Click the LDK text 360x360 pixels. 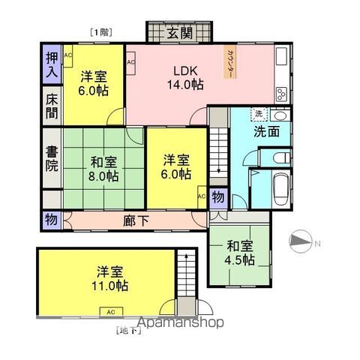pos(185,71)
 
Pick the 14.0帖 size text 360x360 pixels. pos(185,85)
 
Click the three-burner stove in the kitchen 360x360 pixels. pos(280,94)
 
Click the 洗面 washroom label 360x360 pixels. pos(266,132)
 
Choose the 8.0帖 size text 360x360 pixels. pos(104,176)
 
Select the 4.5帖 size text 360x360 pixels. pos(241,259)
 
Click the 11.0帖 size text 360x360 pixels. pos(110,286)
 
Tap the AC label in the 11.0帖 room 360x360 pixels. pos(110,311)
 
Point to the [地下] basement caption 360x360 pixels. pos(127,330)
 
